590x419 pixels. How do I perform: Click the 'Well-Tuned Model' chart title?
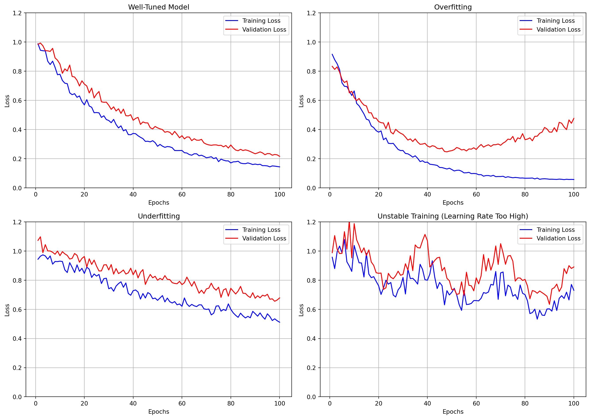159,7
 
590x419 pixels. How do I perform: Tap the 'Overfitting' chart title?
453,7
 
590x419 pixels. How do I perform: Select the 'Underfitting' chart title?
159,216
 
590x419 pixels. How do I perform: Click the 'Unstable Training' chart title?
453,216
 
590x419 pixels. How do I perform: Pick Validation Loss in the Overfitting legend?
558,30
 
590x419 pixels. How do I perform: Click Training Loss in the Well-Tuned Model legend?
261,21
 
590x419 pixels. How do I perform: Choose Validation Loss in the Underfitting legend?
264,238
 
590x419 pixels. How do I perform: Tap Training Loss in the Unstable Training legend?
555,230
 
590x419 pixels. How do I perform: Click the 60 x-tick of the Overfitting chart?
476,194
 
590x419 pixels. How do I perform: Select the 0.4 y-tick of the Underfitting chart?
17,339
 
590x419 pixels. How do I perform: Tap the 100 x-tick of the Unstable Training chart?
573,404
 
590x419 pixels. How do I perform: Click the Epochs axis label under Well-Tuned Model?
159,202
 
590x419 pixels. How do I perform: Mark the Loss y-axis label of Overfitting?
301,101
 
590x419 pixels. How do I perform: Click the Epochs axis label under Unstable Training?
453,411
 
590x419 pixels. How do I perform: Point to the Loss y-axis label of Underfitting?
7,310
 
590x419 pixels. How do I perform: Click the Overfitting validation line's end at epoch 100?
573,118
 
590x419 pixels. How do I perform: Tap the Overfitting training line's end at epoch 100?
573,179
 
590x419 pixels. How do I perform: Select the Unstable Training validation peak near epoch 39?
425,234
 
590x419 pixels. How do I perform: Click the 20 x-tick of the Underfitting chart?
84,404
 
